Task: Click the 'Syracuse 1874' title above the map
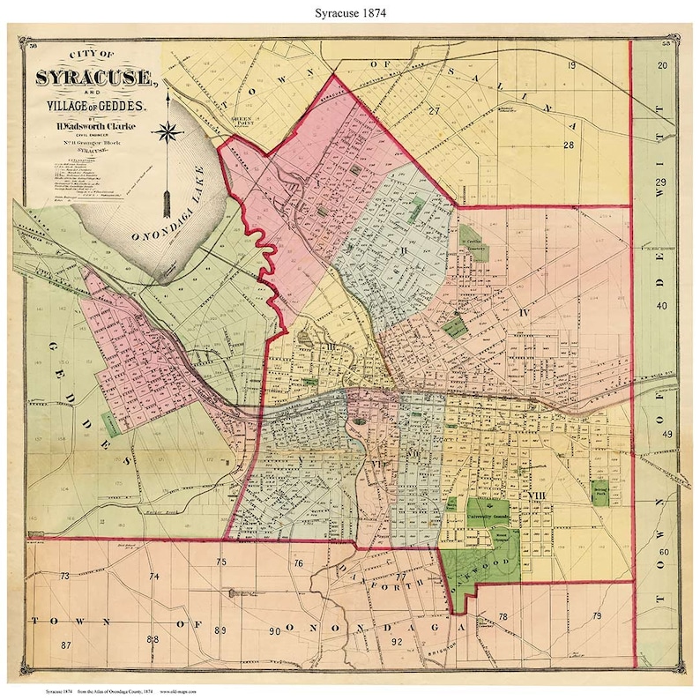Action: pyautogui.click(x=349, y=14)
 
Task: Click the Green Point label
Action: pyautogui.click(x=242, y=121)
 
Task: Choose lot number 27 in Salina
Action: pyautogui.click(x=434, y=111)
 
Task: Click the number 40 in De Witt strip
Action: pyautogui.click(x=663, y=306)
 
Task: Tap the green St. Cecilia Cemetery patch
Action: pyautogui.click(x=469, y=239)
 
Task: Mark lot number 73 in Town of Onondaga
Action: pyautogui.click(x=64, y=576)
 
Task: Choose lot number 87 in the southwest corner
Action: pyautogui.click(x=66, y=645)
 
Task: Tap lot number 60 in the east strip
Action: pyautogui.click(x=665, y=552)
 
